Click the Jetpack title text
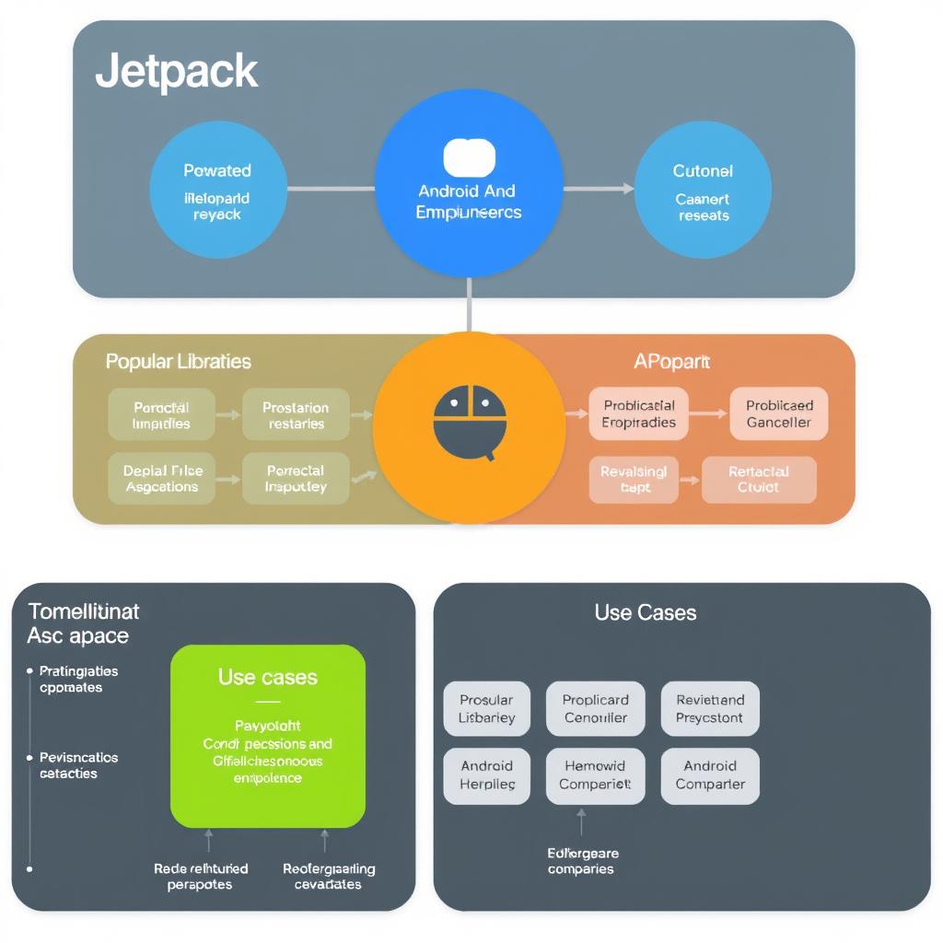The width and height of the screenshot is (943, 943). [x=176, y=72]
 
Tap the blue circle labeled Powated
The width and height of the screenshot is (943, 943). [x=217, y=191]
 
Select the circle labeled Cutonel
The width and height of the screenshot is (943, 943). [x=704, y=191]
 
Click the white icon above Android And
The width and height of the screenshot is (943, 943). [x=470, y=157]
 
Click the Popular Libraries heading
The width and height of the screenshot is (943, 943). [x=178, y=361]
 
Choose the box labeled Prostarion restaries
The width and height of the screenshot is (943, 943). [x=296, y=414]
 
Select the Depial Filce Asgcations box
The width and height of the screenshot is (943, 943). [x=162, y=478]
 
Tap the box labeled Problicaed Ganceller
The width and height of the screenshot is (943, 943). [x=779, y=414]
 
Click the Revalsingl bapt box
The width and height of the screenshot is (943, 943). [x=634, y=479]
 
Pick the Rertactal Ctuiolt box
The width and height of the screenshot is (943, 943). [x=759, y=479]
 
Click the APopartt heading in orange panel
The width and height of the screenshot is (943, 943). [x=671, y=362]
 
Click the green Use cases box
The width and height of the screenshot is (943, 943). [x=268, y=735]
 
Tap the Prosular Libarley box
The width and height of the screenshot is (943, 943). [x=486, y=708]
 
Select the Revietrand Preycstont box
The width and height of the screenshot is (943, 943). [x=709, y=708]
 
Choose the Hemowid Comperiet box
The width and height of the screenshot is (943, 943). [x=596, y=774]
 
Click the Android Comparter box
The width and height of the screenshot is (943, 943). [x=709, y=774]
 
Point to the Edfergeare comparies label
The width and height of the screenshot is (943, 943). [x=582, y=861]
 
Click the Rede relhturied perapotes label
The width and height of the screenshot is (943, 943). [x=201, y=876]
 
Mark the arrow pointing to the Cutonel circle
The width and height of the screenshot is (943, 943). [x=600, y=189]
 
